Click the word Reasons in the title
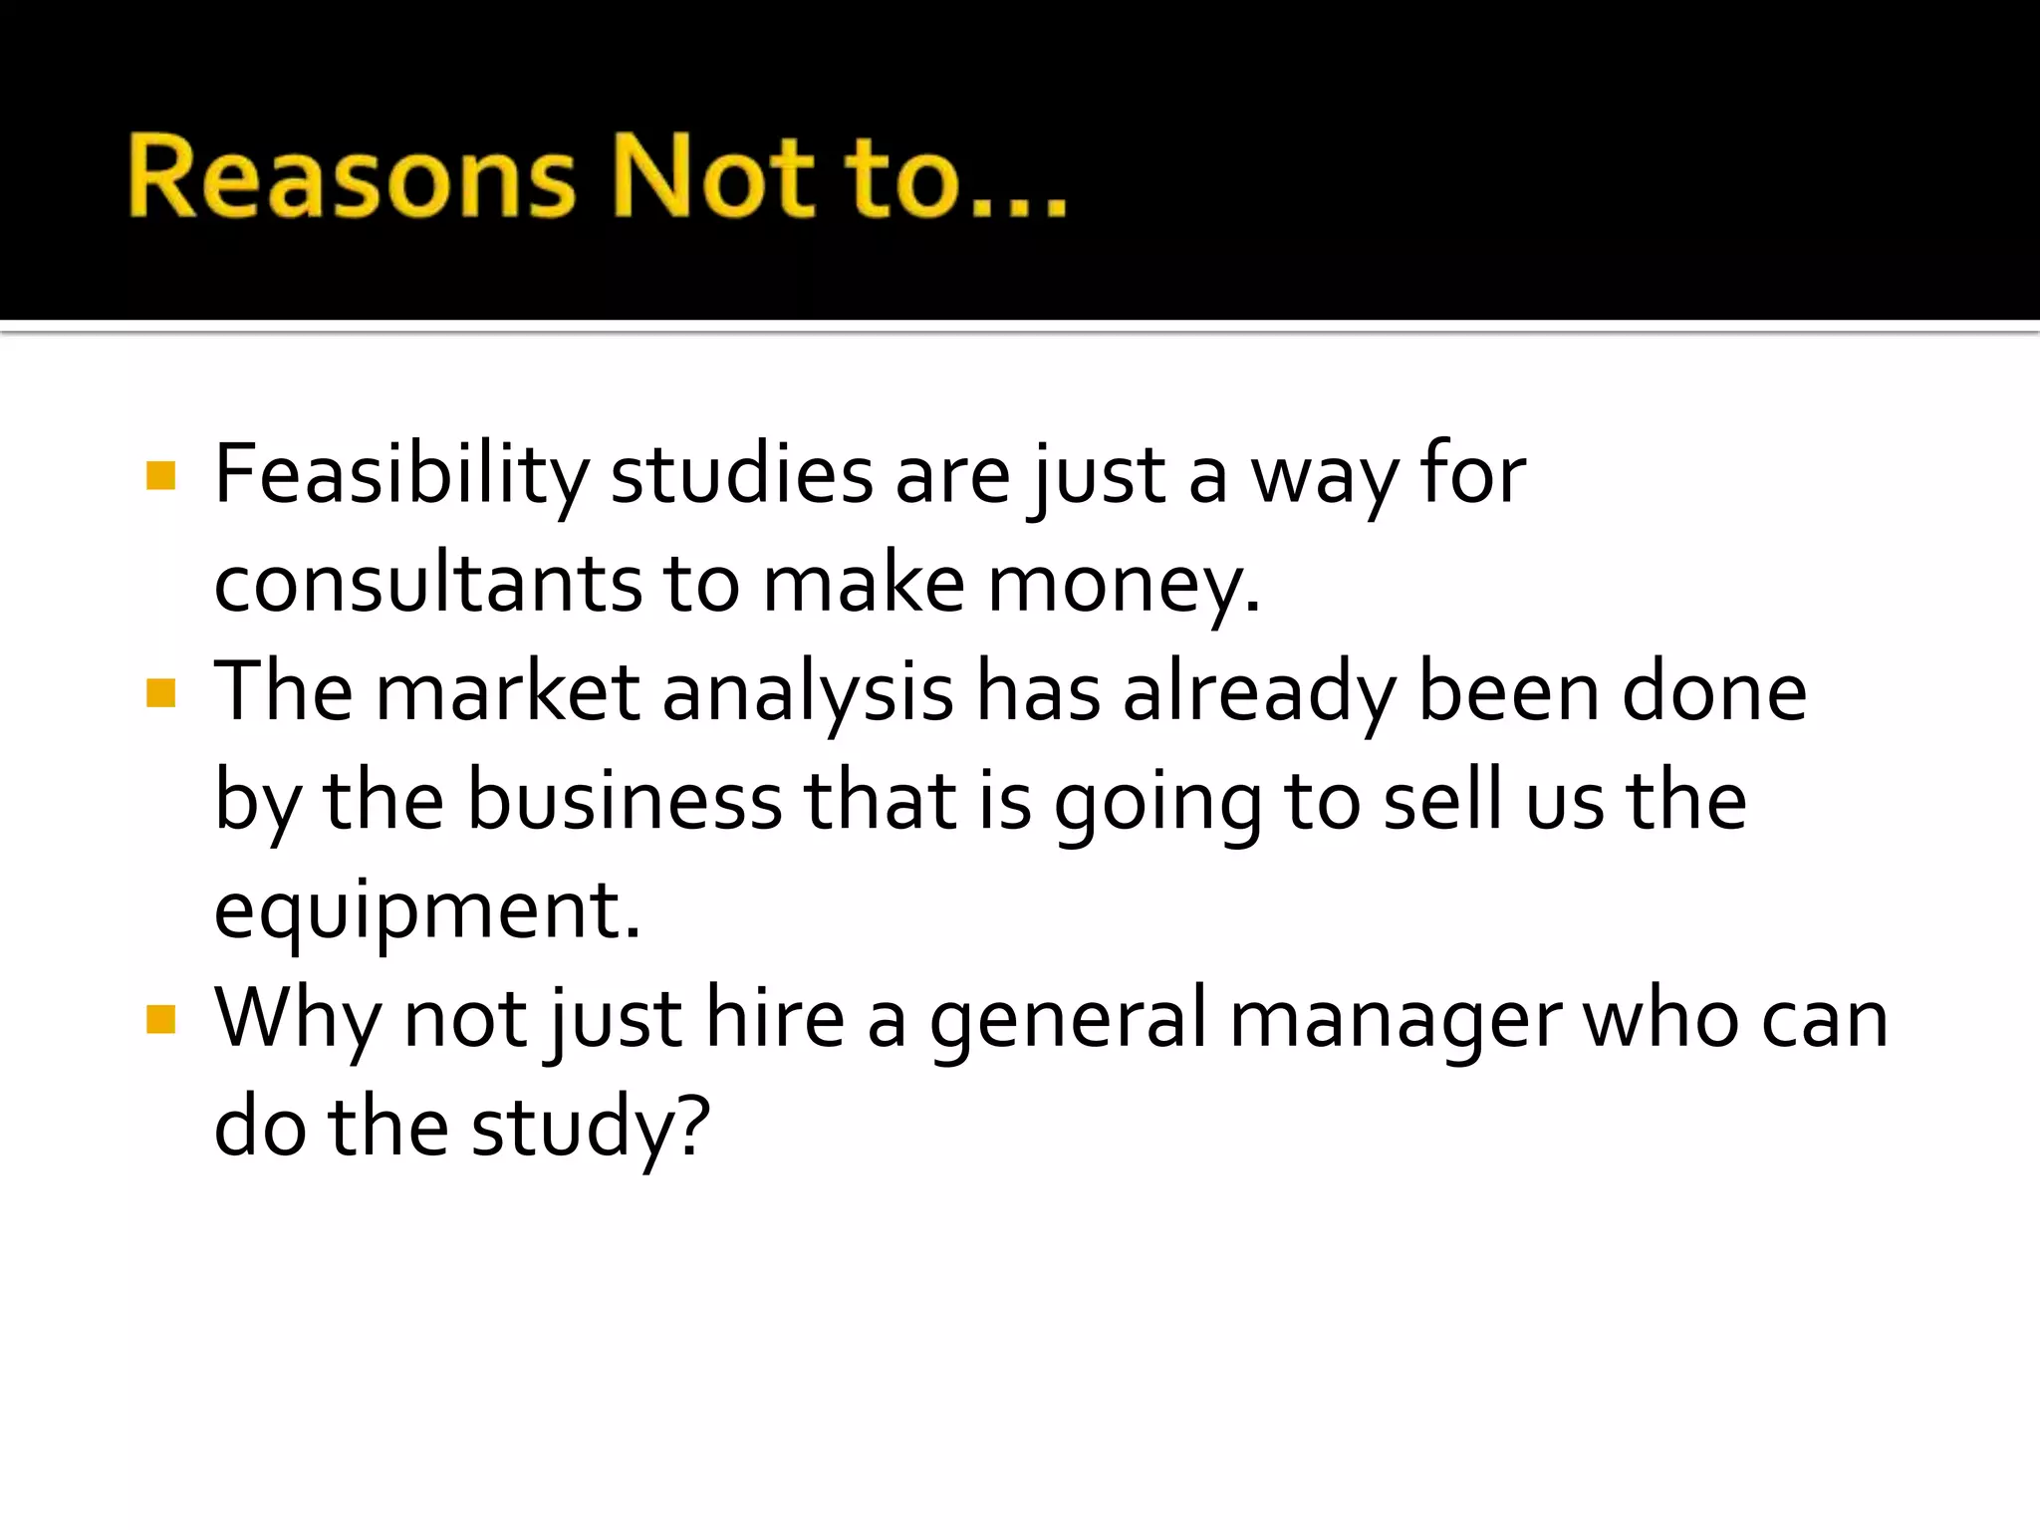[352, 177]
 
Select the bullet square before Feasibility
[160, 475]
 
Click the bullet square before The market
[160, 692]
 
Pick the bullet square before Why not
[160, 1019]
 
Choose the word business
[625, 801]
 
